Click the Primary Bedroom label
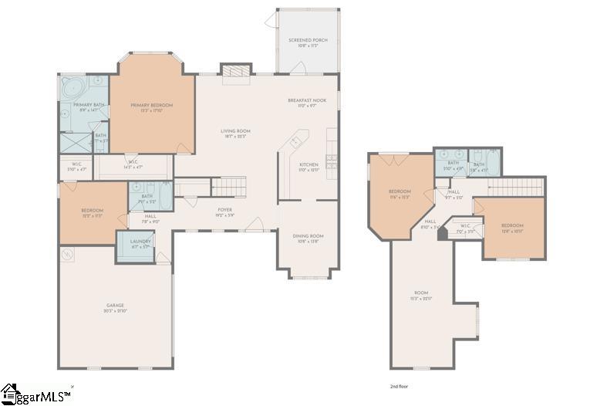151,105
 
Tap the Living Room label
236,131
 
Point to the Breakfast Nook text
307,100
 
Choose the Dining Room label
307,236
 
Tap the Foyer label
224,209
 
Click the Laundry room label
140,242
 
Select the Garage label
115,306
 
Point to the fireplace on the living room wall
232,71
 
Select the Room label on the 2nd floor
420,293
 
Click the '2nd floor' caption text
400,384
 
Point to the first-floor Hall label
150,217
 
